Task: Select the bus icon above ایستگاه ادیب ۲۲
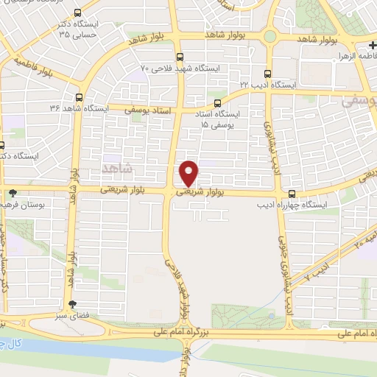click(267, 74)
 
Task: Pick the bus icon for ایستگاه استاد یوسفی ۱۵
click(216, 103)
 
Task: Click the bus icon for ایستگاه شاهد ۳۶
click(78, 96)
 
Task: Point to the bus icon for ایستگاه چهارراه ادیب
click(293, 194)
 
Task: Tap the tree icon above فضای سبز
click(72, 305)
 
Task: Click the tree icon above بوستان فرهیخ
click(13, 193)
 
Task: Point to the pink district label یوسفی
click(358, 102)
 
